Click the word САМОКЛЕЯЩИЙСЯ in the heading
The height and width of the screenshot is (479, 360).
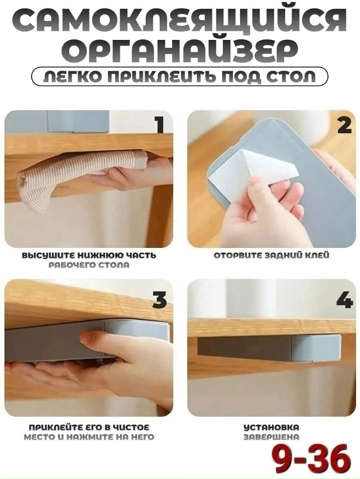pyautogui.click(x=179, y=21)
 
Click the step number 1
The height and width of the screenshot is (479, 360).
pyautogui.click(x=159, y=125)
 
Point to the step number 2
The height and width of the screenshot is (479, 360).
pyautogui.click(x=344, y=125)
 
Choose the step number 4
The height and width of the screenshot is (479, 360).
pyautogui.click(x=344, y=300)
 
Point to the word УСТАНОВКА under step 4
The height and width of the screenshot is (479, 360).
pyautogui.click(x=271, y=427)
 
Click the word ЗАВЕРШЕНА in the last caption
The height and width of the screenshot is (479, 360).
pyautogui.click(x=271, y=437)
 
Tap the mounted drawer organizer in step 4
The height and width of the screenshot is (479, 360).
pyautogui.click(x=269, y=347)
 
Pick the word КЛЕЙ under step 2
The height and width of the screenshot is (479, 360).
pyautogui.click(x=317, y=255)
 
